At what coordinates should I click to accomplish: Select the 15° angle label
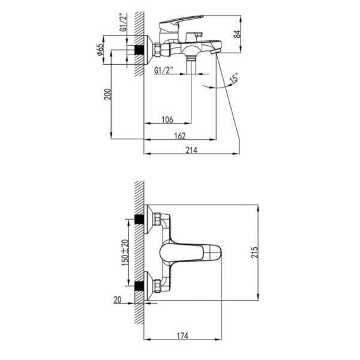(x=233, y=78)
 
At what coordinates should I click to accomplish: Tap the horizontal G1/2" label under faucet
(x=164, y=71)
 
